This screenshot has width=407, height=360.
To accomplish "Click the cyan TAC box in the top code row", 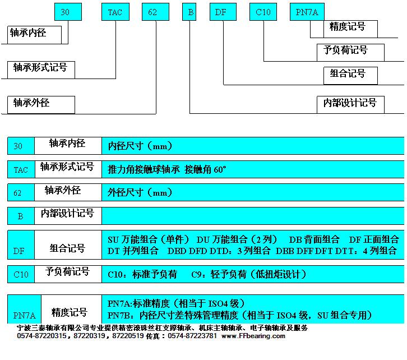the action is [x=115, y=12].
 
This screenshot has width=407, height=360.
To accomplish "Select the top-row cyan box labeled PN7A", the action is [x=307, y=12].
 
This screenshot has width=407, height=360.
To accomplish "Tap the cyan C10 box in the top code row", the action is [x=263, y=12].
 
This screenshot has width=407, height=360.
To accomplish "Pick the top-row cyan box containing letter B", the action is [x=189, y=12].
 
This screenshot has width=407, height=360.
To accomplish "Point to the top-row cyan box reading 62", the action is [x=155, y=12].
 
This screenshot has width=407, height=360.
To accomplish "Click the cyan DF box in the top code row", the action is [x=223, y=12].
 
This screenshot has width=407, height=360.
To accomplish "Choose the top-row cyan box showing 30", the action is [x=68, y=12].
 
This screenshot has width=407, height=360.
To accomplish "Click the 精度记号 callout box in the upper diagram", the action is [x=350, y=29].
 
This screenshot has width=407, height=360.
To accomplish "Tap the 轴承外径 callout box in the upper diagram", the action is [x=41, y=105].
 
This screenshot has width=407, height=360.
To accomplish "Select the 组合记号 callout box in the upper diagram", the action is [x=350, y=76].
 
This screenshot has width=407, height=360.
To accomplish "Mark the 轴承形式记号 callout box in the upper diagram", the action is [x=41, y=70].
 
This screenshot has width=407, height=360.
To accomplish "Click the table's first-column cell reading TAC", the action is [x=21, y=169].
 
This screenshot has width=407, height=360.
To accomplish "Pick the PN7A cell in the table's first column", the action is [x=25, y=309].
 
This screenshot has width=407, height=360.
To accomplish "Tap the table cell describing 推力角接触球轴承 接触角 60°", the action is [x=253, y=169].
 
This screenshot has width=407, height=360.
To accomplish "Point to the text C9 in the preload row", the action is [x=196, y=274].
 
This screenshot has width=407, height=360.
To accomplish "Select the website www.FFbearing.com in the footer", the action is [x=253, y=336].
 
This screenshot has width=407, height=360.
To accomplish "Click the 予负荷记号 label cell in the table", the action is [x=68, y=274].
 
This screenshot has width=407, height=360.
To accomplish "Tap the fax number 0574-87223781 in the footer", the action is [x=192, y=336].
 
